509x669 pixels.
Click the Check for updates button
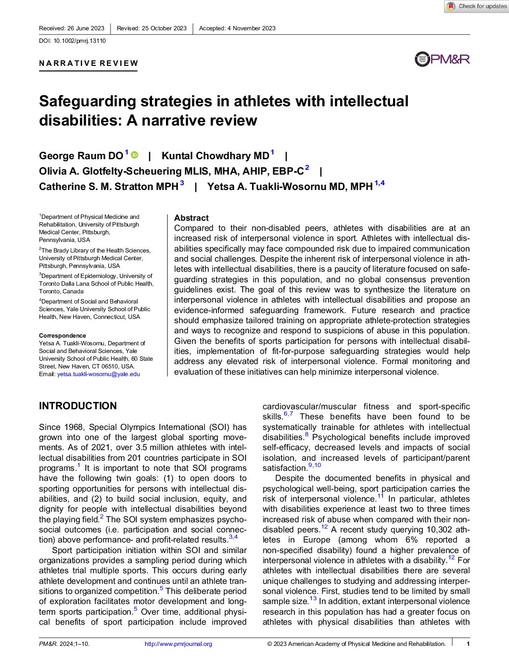[476, 6]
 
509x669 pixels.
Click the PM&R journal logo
[442, 59]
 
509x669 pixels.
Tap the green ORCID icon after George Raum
[135, 155]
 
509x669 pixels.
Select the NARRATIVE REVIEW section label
[89, 63]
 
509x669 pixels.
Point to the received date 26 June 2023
[86, 28]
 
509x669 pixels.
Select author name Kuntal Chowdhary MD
[215, 156]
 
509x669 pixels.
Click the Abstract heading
[191, 218]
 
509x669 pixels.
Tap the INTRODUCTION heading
[78, 406]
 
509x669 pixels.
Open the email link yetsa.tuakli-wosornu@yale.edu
[99, 374]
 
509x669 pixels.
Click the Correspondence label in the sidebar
[63, 336]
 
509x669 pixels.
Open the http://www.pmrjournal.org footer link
[178, 644]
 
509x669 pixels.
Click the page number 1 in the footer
[468, 644]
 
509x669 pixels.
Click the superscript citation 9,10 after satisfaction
[315, 466]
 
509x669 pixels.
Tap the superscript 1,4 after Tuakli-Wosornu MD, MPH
[380, 183]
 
